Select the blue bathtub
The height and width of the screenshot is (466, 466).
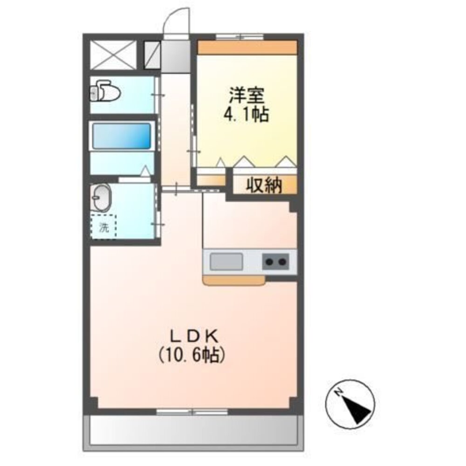(x=122, y=136)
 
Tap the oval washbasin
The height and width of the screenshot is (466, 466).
(x=101, y=198)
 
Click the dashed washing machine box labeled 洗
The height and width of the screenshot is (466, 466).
(x=103, y=227)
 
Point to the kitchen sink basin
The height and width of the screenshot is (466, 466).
(x=226, y=261)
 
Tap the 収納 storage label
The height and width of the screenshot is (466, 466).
(x=264, y=186)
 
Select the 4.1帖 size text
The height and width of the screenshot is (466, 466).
(x=247, y=114)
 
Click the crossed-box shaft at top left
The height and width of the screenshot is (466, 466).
(x=113, y=55)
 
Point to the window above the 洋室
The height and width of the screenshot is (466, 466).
(x=240, y=36)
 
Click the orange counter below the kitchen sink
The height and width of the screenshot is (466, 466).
(x=233, y=280)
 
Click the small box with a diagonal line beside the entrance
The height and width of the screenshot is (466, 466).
(x=151, y=55)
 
